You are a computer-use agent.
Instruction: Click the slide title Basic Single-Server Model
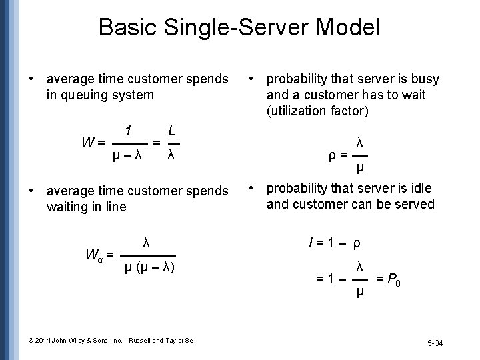click(x=239, y=28)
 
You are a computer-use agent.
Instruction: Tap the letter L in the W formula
click(x=172, y=130)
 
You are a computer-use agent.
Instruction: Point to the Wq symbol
click(x=95, y=254)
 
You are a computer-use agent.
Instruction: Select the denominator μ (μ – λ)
click(x=150, y=269)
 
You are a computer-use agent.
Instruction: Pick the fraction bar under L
click(x=172, y=143)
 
